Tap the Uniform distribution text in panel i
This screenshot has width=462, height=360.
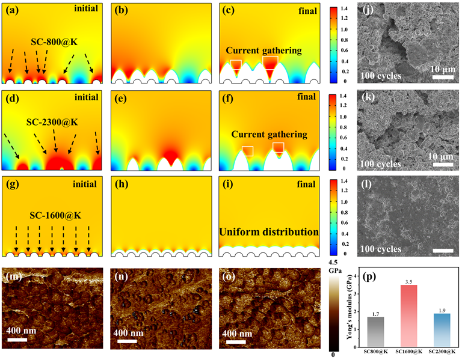click(x=269, y=231)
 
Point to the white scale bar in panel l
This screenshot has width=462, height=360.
click(x=441, y=249)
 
